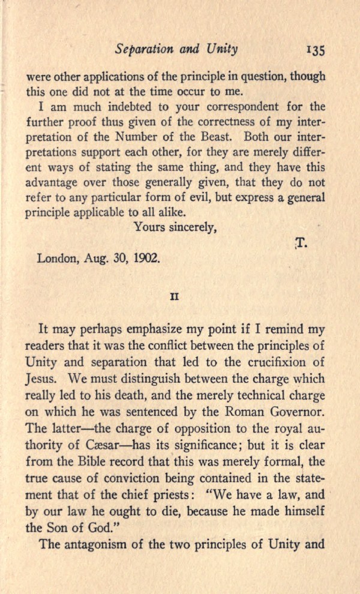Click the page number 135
315,51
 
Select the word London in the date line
55,259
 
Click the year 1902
148,259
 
